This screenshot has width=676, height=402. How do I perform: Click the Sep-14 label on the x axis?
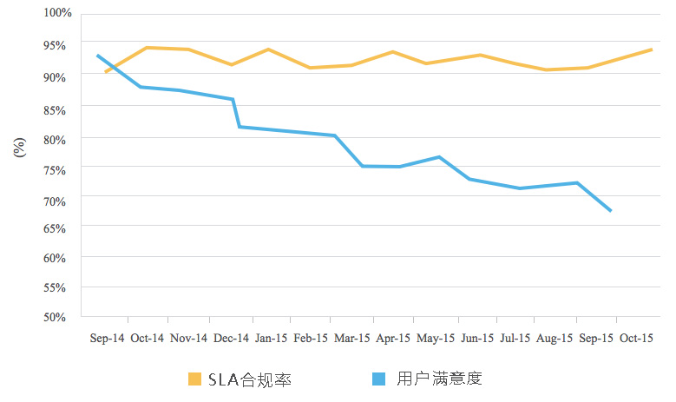[x=107, y=339]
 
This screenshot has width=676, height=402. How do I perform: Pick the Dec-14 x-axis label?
[x=231, y=339]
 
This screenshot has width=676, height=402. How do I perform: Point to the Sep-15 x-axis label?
[x=597, y=339]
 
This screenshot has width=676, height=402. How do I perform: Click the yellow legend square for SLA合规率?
[x=194, y=379]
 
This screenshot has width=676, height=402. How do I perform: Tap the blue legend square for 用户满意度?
[x=378, y=379]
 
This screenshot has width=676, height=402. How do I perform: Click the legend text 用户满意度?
[x=438, y=379]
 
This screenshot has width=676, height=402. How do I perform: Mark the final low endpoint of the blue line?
[x=612, y=211]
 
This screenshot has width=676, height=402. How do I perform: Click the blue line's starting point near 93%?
[x=97, y=56]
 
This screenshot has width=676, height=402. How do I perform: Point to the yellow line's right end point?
[x=652, y=49]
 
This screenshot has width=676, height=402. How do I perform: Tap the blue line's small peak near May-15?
[x=439, y=157]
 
